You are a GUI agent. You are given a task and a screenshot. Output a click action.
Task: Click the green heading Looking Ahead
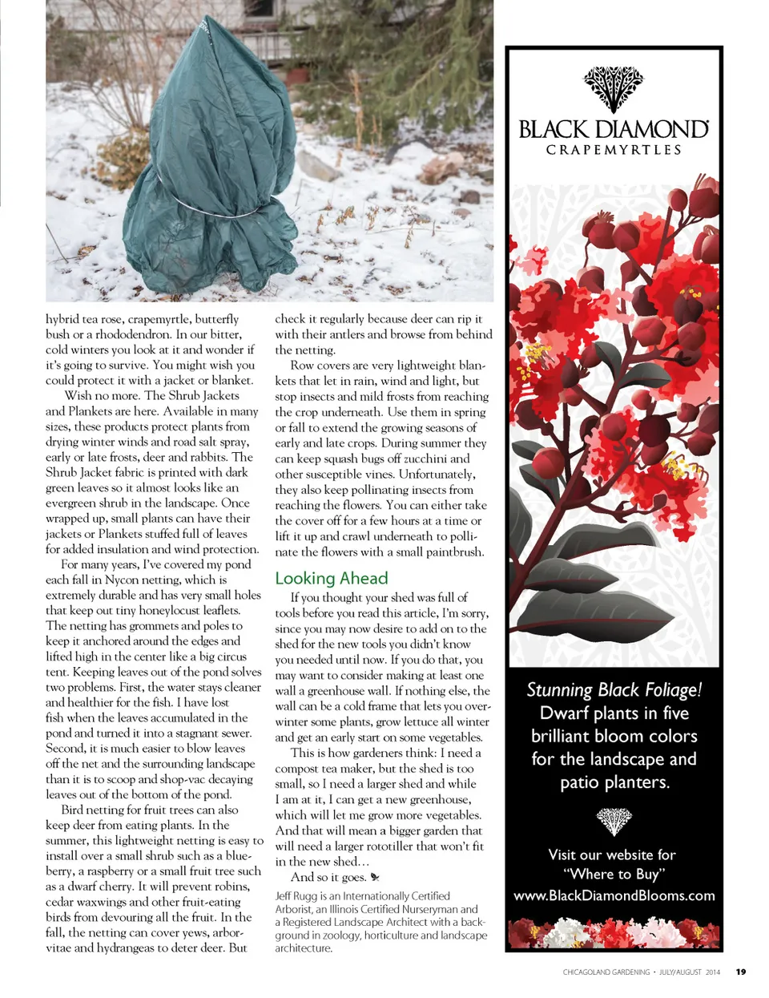tap(331, 578)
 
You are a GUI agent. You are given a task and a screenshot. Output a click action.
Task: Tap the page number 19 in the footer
tap(741, 972)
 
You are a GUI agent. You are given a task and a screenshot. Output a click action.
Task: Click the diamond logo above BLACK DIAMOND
tap(614, 89)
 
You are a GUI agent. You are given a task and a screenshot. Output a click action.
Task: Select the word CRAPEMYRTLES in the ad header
tap(614, 150)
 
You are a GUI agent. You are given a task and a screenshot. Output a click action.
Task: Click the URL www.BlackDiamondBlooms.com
tap(614, 895)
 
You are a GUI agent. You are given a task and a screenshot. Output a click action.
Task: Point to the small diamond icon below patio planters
tap(614, 820)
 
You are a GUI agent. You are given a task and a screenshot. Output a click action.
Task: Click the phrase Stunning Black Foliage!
tap(614, 689)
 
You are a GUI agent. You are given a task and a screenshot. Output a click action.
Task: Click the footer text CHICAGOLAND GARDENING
tap(606, 972)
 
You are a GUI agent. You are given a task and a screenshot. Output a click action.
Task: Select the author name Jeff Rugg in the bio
tap(295, 895)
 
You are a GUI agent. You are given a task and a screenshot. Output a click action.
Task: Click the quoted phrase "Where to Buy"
tap(614, 874)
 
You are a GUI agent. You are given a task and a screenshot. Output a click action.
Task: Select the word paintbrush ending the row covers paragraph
tap(457, 552)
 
